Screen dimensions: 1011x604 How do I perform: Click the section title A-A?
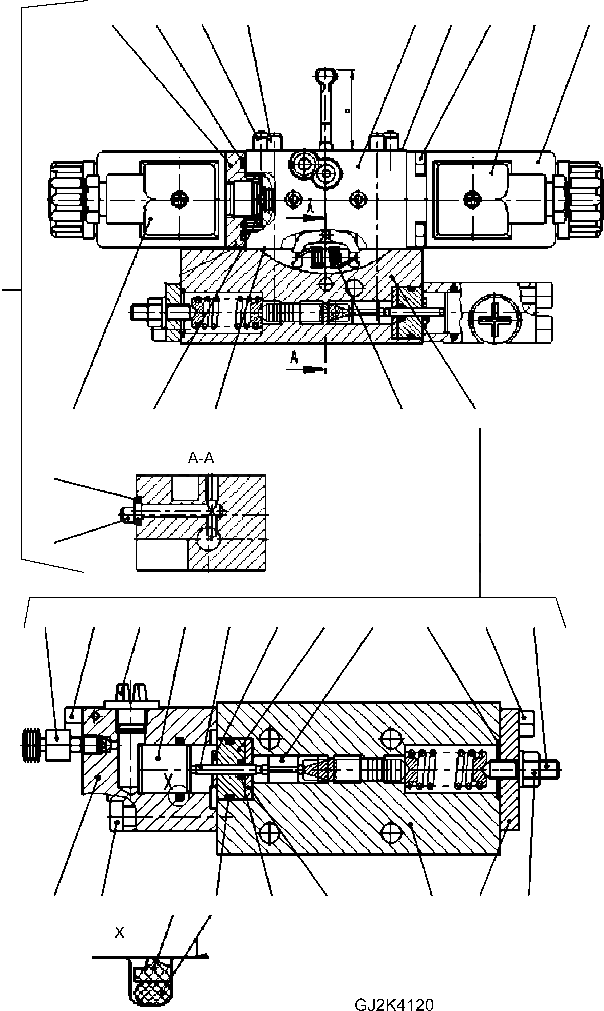coord(201,459)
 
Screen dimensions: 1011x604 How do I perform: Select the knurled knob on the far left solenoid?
coord(68,199)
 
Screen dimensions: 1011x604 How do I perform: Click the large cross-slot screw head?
coord(494,317)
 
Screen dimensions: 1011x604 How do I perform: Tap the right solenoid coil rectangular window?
coord(472,199)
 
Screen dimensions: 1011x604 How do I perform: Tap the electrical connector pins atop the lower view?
coord(131,692)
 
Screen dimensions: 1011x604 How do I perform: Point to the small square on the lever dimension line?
coord(347,110)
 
